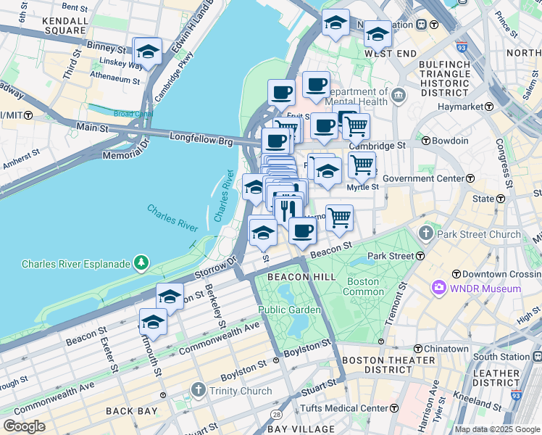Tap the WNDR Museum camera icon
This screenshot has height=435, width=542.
pyautogui.click(x=439, y=289)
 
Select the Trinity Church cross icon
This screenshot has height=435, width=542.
pyautogui.click(x=199, y=391)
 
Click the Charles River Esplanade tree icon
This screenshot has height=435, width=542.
pyautogui.click(x=142, y=263)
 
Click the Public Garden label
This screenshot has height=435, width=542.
pyautogui.click(x=290, y=310)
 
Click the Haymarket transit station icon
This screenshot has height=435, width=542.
pyautogui.click(x=488, y=107)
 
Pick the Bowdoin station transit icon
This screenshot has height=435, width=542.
pyautogui.click(x=427, y=141)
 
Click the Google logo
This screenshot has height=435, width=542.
pyautogui.click(x=24, y=426)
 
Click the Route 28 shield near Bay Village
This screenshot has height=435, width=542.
pyautogui.click(x=276, y=413)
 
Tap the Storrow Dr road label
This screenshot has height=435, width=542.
pyautogui.click(x=217, y=268)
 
